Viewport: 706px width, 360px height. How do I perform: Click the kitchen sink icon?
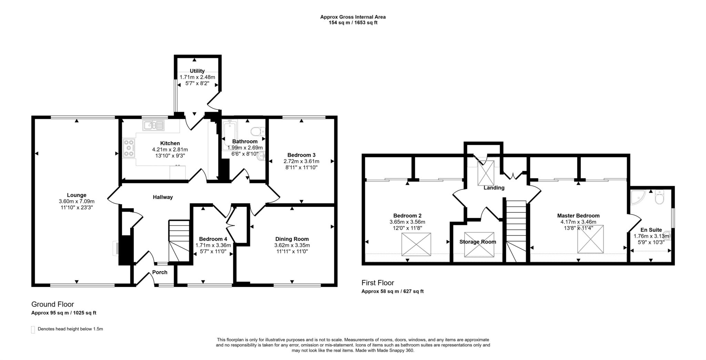[x=153, y=125]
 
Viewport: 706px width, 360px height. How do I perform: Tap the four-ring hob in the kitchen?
[x=129, y=148]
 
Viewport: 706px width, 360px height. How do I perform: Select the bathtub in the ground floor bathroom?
[x=228, y=135]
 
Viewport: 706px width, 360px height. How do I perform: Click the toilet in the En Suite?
[x=659, y=197]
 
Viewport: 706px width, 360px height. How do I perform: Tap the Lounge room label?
[x=77, y=195]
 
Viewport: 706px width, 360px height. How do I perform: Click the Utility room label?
[x=197, y=71]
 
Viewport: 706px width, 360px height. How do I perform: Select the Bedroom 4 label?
[x=213, y=239]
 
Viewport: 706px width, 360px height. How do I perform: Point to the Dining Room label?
[x=292, y=239]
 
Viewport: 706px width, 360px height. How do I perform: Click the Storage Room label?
[x=477, y=242]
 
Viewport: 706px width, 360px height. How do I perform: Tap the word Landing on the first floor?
[x=494, y=188]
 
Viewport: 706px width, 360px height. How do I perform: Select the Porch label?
[x=160, y=272]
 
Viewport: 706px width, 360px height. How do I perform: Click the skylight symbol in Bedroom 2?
[x=416, y=244]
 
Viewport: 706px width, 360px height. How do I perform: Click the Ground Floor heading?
[x=53, y=304]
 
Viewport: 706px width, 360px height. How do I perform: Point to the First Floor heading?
[x=377, y=283]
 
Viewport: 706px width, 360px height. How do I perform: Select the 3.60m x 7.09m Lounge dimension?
[x=77, y=202]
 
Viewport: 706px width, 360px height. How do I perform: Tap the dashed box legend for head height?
[x=33, y=329]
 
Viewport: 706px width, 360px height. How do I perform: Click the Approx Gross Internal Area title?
[x=353, y=17]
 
